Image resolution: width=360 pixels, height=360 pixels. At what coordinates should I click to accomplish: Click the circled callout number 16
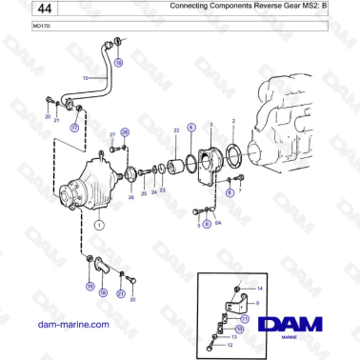(x=119, y=62)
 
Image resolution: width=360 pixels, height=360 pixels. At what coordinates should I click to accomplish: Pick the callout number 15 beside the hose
(x=85, y=77)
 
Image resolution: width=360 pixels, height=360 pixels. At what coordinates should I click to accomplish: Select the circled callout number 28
(x=125, y=132)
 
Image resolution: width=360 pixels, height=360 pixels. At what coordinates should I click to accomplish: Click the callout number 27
(x=111, y=134)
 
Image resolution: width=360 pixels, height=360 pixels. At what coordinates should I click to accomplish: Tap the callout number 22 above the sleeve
(x=175, y=129)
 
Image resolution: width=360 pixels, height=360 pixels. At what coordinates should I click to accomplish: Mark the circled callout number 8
(x=229, y=191)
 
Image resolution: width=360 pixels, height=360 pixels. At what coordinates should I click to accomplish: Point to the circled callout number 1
(x=97, y=225)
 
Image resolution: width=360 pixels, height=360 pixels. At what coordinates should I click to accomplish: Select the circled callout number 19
(x=90, y=286)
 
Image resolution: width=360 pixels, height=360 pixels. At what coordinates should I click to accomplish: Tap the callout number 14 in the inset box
(x=260, y=287)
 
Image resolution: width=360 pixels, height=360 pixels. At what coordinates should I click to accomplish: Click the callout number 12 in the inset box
(x=230, y=346)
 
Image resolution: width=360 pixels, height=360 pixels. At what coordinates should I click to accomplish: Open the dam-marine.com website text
(x=72, y=324)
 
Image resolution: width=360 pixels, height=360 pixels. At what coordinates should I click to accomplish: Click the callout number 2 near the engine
(x=233, y=122)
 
